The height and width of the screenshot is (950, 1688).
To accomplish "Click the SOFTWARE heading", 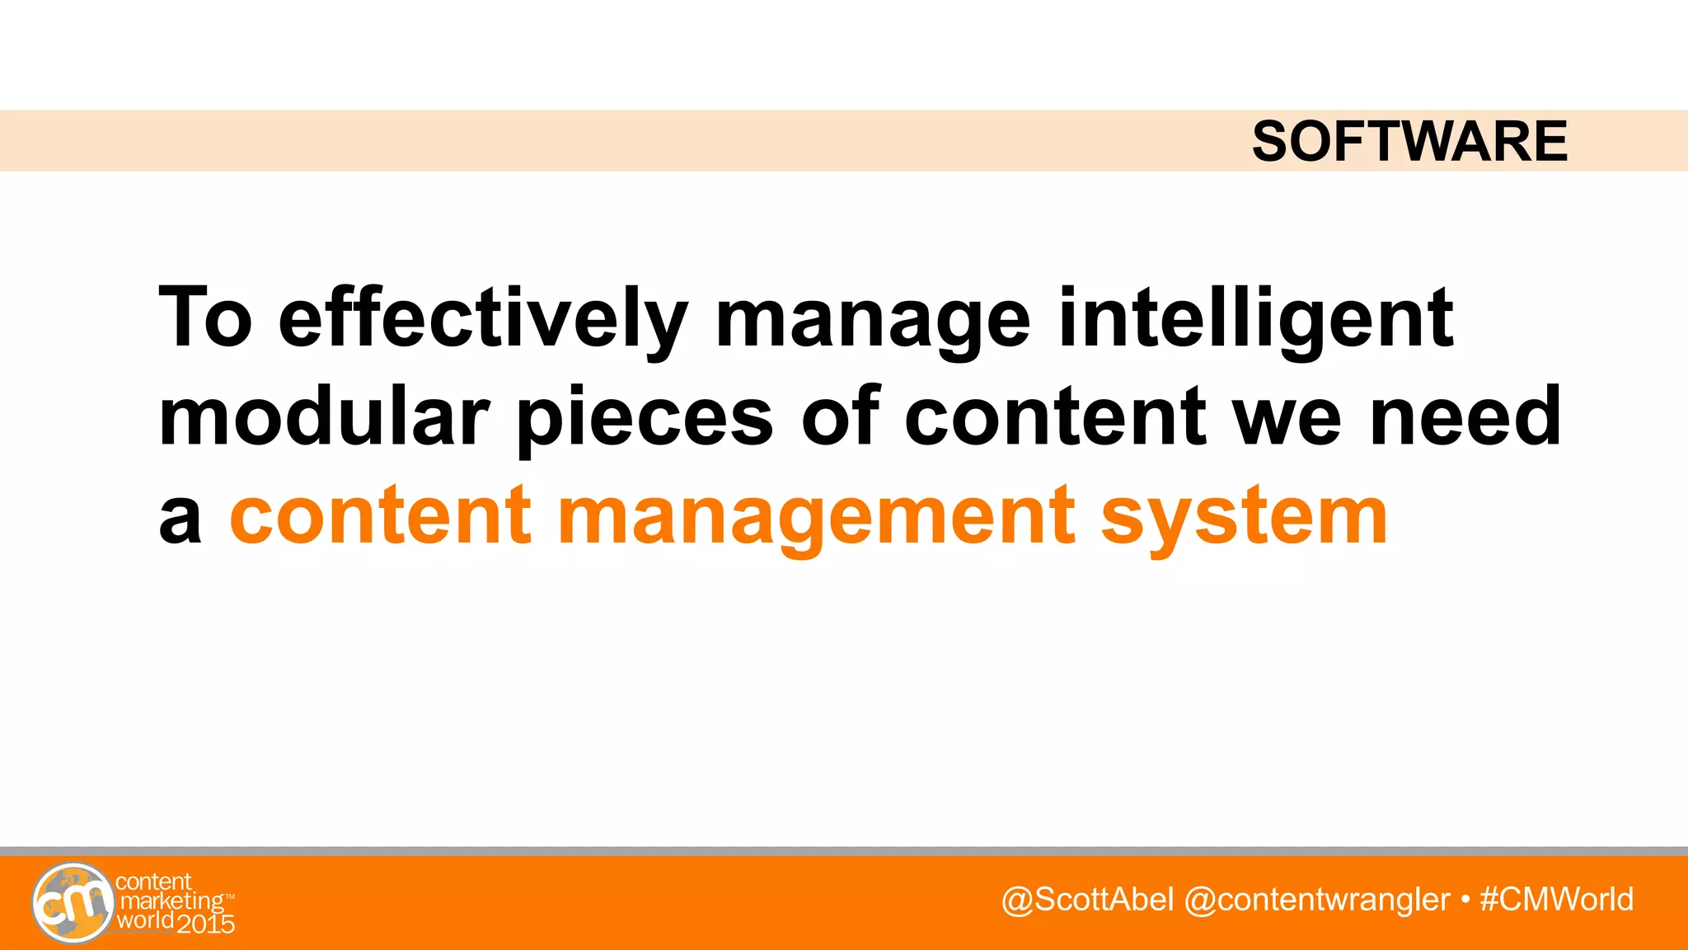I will click(x=1409, y=141).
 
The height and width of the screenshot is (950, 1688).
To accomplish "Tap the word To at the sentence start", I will click(x=205, y=317).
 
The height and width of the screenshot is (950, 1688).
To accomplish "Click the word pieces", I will click(x=645, y=419).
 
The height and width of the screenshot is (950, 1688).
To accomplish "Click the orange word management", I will click(x=816, y=518).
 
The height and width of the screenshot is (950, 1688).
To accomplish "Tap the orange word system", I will click(x=1244, y=518).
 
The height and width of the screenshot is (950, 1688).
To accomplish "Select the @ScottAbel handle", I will click(x=1087, y=900).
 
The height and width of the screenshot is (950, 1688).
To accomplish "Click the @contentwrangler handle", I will click(x=1316, y=900).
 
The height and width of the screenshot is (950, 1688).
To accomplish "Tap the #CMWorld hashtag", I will click(x=1556, y=900).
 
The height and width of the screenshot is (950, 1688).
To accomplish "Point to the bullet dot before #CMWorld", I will click(x=1465, y=899).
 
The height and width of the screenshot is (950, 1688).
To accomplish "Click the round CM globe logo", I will click(x=73, y=903).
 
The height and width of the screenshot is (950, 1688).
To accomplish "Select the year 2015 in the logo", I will click(x=206, y=923).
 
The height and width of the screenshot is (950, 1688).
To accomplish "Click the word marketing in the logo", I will click(x=171, y=901).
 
